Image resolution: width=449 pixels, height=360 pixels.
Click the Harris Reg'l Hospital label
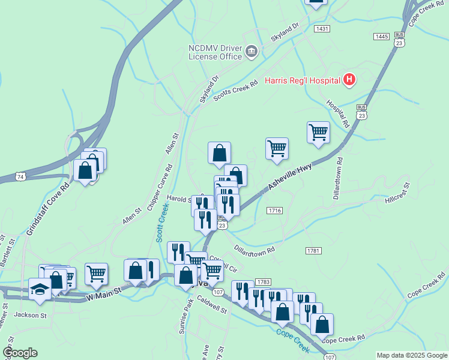tap(302, 81)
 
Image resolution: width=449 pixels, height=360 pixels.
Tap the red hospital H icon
tap(349, 80)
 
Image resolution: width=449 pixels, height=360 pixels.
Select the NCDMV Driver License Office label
tap(215, 52)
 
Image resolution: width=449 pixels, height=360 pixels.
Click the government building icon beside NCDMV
tap(252, 53)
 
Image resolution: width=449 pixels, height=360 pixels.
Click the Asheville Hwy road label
tap(290, 178)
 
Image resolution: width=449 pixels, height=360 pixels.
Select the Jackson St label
tap(30, 315)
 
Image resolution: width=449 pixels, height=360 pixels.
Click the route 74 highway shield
tap(21, 176)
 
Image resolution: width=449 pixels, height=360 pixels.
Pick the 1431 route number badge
tap(322, 29)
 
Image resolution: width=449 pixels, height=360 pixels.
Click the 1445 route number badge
tap(381, 37)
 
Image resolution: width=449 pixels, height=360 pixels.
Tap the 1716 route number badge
tap(275, 210)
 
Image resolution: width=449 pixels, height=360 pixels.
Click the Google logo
tap(20, 353)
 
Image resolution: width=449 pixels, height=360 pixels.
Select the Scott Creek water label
tap(162, 221)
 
